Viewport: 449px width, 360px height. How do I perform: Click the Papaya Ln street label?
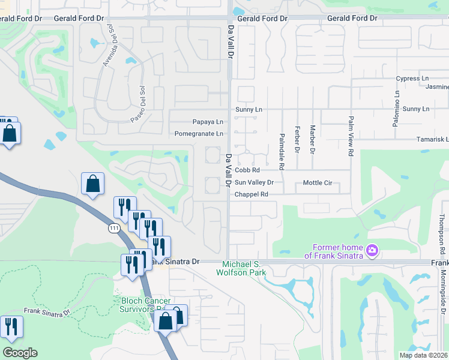coord(208,122)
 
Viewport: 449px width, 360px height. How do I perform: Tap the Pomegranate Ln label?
coord(199,134)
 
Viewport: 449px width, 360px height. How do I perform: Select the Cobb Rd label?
coord(247,170)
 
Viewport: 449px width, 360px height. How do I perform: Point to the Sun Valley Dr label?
coord(254,182)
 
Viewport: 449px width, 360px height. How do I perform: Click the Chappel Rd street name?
coord(251,194)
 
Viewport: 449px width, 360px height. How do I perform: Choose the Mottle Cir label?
coord(318,182)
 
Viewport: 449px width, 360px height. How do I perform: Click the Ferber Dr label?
coord(297,139)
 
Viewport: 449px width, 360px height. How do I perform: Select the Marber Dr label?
coord(313,139)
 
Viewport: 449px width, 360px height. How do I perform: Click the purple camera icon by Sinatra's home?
coord(372,250)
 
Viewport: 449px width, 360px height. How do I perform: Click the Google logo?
coord(20,353)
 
